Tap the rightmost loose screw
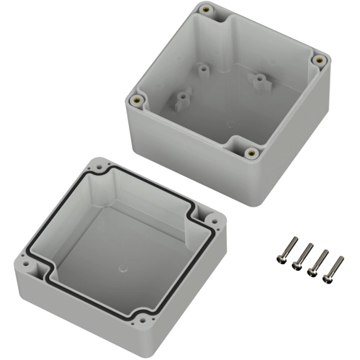(x=336, y=268)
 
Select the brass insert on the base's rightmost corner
(x=318, y=60)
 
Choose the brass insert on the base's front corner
(x=251, y=152)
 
